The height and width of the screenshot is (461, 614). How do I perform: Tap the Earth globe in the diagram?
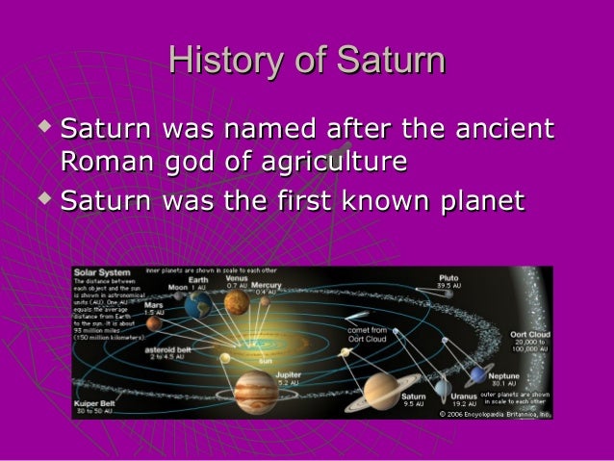[200, 306]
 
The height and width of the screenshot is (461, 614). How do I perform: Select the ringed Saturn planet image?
[387, 392]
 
